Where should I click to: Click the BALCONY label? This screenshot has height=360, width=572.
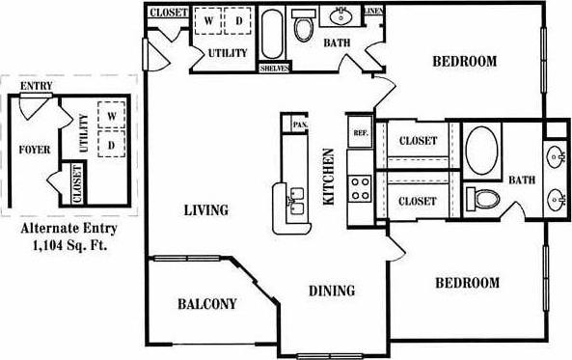point(206,304)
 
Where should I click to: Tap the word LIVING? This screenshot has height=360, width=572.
point(205,209)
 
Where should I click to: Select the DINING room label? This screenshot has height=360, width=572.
point(331,291)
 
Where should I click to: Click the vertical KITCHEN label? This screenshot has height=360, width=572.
point(328,176)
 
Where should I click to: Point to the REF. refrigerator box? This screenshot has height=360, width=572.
point(361,133)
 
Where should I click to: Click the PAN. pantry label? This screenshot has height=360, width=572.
point(299,125)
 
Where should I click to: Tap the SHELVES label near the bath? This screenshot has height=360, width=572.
point(276,69)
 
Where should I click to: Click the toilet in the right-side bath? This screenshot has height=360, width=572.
point(482,200)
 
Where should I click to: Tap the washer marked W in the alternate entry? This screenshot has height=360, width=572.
point(112,117)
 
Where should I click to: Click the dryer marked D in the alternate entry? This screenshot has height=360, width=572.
point(112,145)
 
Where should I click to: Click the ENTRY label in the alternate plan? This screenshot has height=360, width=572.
point(36,85)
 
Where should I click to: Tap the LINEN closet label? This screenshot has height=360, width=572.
point(374,13)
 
